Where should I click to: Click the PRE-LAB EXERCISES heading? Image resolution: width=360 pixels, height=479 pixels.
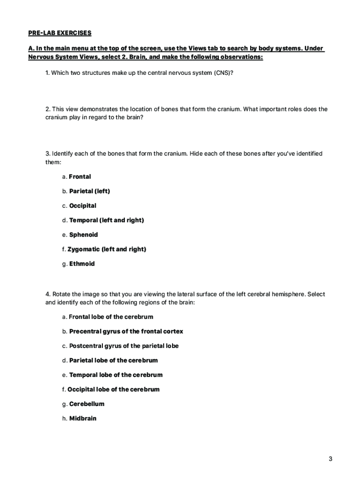pyautogui.click(x=58, y=33)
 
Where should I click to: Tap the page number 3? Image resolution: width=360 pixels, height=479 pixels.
pyautogui.click(x=330, y=459)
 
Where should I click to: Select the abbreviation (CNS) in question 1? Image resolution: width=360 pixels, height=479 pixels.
pyautogui.click(x=223, y=73)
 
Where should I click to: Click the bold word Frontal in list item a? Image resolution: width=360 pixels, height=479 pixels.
pyautogui.click(x=79, y=177)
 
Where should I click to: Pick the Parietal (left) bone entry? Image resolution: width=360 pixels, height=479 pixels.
pyautogui.click(x=89, y=191)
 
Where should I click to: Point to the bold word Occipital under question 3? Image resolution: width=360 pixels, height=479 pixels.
pyautogui.click(x=82, y=206)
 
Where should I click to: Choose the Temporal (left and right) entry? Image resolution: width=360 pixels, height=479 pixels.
pyautogui.click(x=106, y=220)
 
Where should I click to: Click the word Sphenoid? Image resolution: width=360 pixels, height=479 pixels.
pyautogui.click(x=83, y=235)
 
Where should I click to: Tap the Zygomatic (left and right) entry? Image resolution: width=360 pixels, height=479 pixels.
pyautogui.click(x=107, y=249)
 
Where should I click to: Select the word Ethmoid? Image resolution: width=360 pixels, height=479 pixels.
pyautogui.click(x=82, y=264)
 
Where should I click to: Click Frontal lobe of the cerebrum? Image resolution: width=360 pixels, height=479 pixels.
pyautogui.click(x=111, y=317)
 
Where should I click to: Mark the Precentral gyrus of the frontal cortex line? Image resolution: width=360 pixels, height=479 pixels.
pyautogui.click(x=126, y=332)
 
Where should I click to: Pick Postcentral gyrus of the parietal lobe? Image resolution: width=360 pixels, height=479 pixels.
pyautogui.click(x=123, y=346)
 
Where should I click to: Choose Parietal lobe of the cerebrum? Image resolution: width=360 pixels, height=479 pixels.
pyautogui.click(x=113, y=361)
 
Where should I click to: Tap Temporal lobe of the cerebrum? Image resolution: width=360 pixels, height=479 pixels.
pyautogui.click(x=115, y=375)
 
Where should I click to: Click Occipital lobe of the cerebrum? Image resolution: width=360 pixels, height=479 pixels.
pyautogui.click(x=113, y=390)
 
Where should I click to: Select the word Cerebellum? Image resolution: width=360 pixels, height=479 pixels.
pyautogui.click(x=86, y=404)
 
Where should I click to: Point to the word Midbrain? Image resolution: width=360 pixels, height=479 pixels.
pyautogui.click(x=82, y=419)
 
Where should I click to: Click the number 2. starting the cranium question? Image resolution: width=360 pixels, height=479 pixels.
pyautogui.click(x=48, y=109)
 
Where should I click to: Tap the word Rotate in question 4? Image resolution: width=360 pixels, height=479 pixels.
pyautogui.click(x=61, y=295)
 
